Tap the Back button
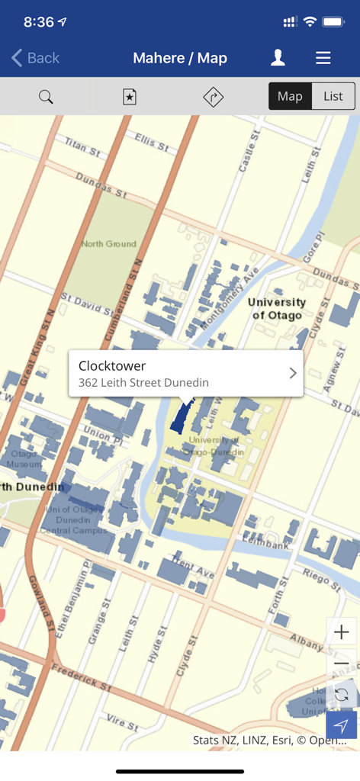(35, 58)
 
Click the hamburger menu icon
(323, 58)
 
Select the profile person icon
(278, 58)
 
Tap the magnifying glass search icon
(46, 97)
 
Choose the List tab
(333, 96)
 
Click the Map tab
(290, 96)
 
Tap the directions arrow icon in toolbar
(213, 97)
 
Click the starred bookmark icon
(130, 97)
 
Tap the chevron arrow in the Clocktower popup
(293, 373)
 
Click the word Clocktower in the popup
(112, 366)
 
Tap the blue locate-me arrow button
(341, 725)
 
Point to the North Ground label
(108, 244)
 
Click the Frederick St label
(82, 678)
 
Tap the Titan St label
(82, 147)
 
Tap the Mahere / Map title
(180, 58)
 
